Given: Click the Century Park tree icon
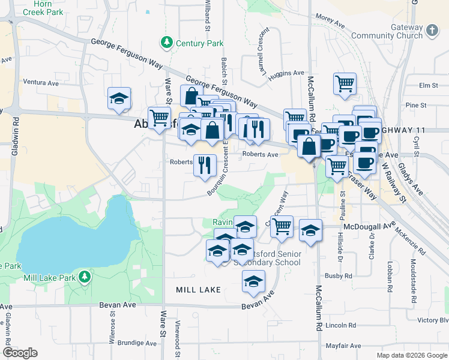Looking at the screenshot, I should pos(166,43).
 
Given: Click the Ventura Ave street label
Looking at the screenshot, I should pos(43,82).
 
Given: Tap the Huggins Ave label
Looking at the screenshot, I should pos(287,73).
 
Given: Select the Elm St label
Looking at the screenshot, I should pos(429,86).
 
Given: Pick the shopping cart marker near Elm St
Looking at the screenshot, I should pos(345,84).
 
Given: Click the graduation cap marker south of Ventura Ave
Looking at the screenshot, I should pos(119,99).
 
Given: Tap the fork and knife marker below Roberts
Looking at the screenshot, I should pos(204,165).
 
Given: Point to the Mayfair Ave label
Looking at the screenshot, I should pos(343,346).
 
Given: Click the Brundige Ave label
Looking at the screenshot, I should pos(137,343).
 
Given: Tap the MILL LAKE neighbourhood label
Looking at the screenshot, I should pos(198,290).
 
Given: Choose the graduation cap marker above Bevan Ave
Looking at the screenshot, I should pos(253,281).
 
